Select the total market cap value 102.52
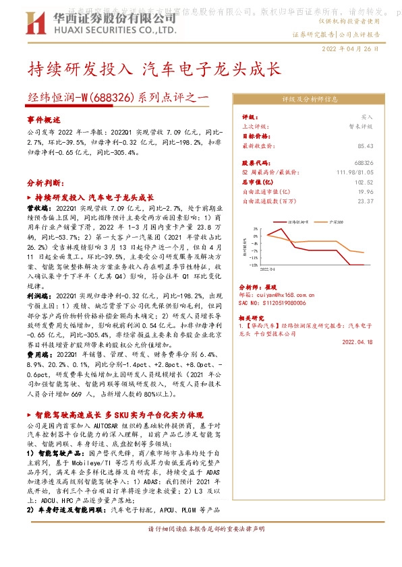364,182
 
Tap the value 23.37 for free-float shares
365,201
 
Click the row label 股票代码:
256,163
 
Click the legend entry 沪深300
333,220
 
